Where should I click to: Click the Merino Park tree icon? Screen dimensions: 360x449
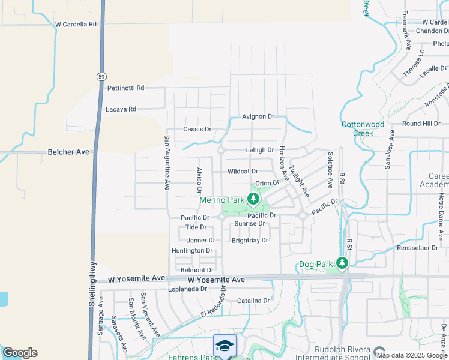(254, 199)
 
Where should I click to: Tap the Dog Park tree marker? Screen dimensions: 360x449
(342, 263)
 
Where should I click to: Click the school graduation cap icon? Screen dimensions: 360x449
(224, 346)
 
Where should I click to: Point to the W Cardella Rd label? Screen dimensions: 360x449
(76, 25)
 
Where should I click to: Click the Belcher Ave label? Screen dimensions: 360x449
(68, 152)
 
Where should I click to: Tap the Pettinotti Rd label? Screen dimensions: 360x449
(126, 88)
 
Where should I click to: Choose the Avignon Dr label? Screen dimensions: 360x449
(258, 116)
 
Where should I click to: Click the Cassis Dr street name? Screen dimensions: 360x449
(197, 129)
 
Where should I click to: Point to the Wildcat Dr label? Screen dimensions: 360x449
(243, 172)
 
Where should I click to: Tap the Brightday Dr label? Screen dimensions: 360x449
(250, 240)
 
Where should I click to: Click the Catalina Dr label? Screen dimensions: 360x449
(253, 301)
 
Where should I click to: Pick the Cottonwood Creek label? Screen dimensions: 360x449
(363, 128)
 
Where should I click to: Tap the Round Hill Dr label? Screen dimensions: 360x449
(421, 124)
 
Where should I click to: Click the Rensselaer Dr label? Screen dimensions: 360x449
(418, 248)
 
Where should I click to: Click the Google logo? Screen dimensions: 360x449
(20, 353)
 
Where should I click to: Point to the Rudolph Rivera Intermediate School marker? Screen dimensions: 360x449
(379, 351)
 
